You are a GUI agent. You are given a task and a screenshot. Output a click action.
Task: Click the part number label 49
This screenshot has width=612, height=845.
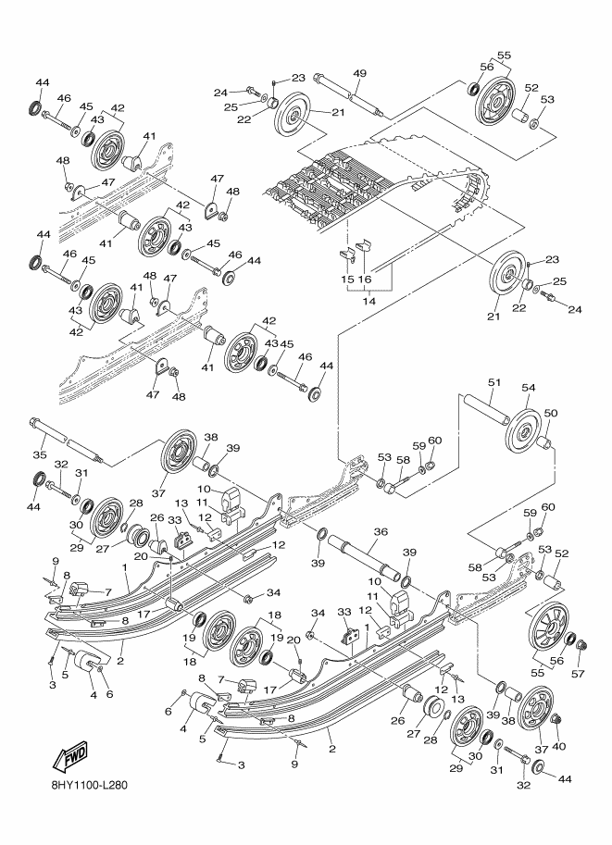[x=360, y=75]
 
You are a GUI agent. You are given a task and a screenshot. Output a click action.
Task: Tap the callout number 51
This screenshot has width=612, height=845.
[x=493, y=382]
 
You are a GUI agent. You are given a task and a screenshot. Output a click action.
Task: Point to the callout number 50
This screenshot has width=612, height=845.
[x=551, y=412]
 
